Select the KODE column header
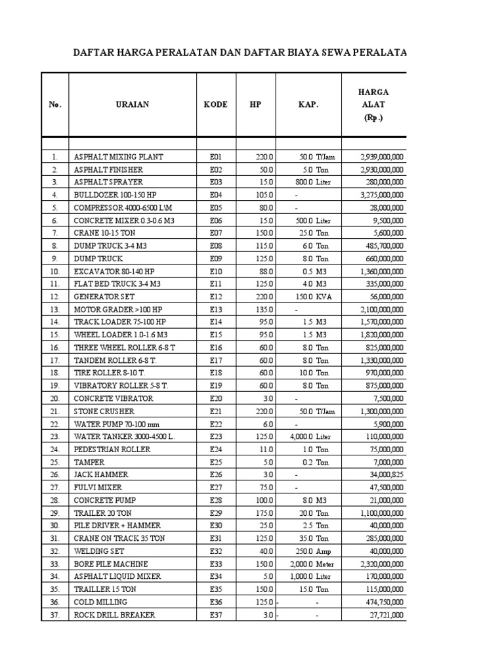[x=216, y=104]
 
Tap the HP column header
[x=255, y=104]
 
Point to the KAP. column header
[x=309, y=104]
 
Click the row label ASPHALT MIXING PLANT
[x=119, y=157]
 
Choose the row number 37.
[x=56, y=615]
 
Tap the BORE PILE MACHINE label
[x=111, y=564]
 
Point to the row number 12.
[x=56, y=297]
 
